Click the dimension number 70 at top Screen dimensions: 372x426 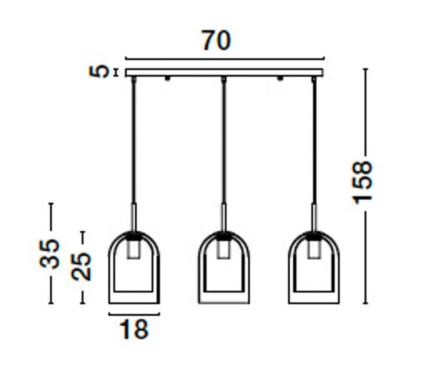click(x=216, y=41)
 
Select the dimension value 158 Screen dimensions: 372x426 click(x=363, y=182)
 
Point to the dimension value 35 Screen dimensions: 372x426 click(x=50, y=254)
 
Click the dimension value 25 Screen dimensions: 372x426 click(x=82, y=266)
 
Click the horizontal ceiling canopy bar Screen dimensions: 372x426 click(x=225, y=73)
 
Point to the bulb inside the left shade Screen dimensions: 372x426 click(x=134, y=250)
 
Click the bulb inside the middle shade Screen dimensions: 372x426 click(x=224, y=250)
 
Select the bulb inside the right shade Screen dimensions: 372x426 click(x=314, y=250)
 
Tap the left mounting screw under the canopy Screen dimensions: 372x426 click(x=167, y=79)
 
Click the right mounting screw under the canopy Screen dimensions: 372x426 click(x=280, y=79)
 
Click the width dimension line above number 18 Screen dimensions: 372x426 click(x=134, y=315)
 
